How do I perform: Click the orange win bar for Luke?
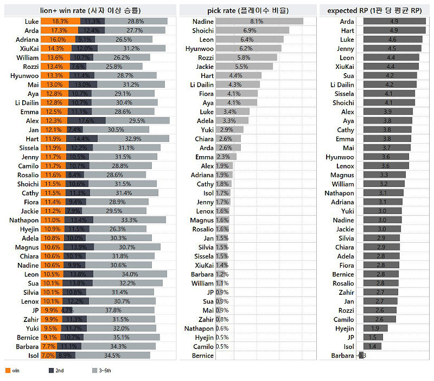(x=60, y=21)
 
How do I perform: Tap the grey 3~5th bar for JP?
(x=113, y=310)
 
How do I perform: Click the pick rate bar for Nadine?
(x=259, y=21)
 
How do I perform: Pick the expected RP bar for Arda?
(x=394, y=21)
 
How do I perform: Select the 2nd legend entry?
(x=52, y=371)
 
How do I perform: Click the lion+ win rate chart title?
(x=90, y=10)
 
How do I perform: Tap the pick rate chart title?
(x=248, y=10)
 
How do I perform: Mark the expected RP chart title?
(x=375, y=10)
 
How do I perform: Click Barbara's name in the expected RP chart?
(x=343, y=356)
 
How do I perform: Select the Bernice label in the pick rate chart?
(x=203, y=356)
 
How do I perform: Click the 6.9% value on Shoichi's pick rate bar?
(x=250, y=30)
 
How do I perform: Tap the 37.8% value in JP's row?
(x=113, y=310)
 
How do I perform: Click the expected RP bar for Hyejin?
(x=375, y=328)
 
